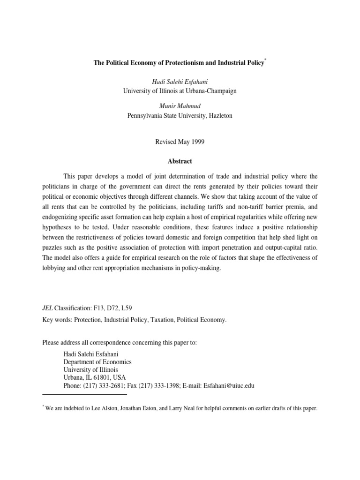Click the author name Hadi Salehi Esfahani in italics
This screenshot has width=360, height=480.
click(x=180, y=82)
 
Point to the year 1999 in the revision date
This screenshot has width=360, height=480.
click(x=191, y=141)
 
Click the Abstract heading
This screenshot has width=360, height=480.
click(x=180, y=161)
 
